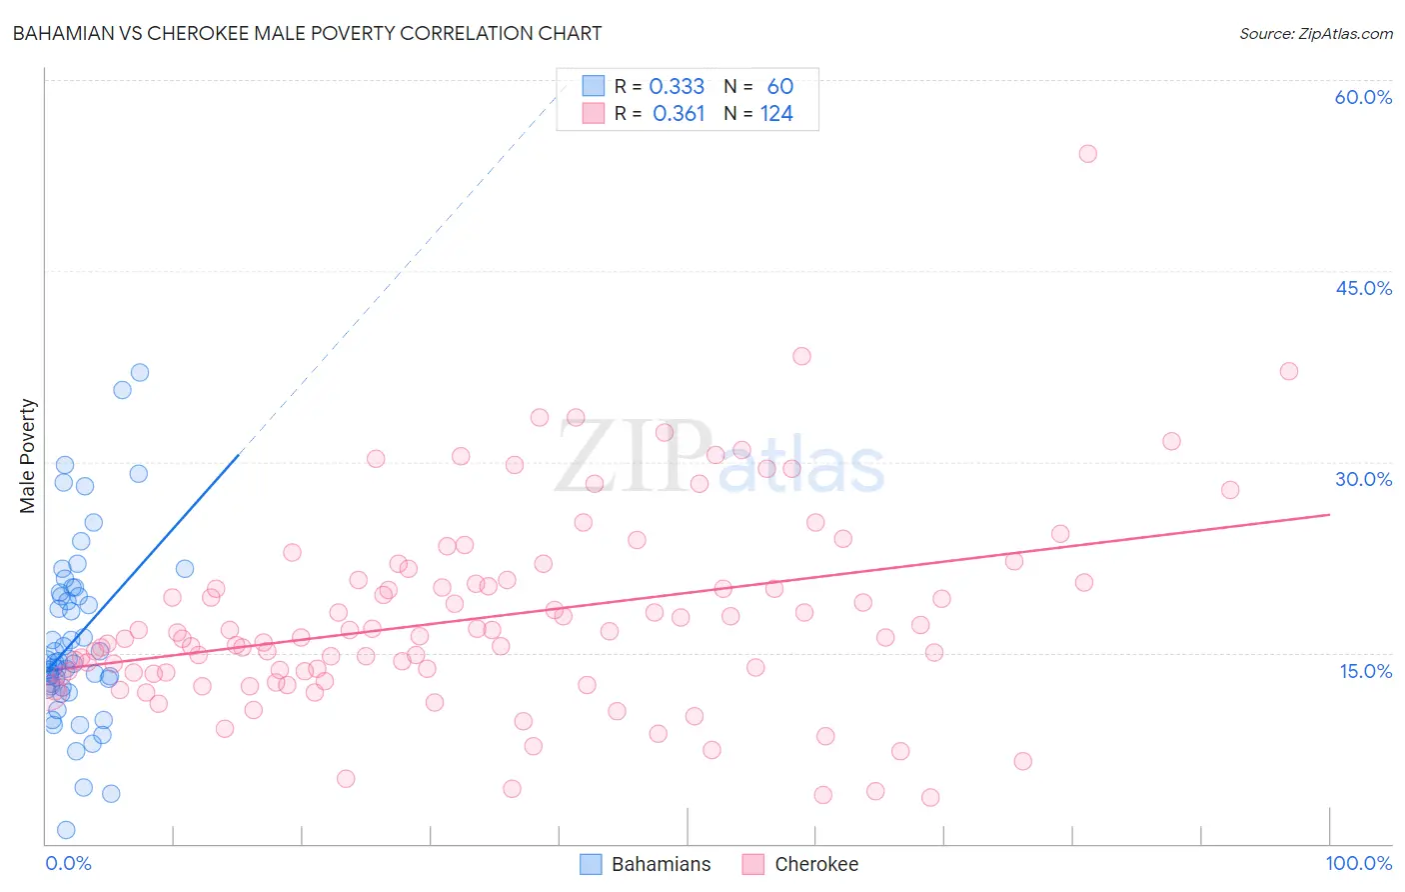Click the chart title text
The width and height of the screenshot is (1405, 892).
coord(307,33)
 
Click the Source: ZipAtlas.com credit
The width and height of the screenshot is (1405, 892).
coord(1315,34)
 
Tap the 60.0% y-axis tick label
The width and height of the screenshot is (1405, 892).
coord(1363,97)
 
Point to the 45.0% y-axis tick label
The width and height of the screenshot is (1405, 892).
coord(1363,288)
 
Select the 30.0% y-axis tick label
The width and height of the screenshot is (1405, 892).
coord(1363,479)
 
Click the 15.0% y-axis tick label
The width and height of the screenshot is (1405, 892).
coord(1365,670)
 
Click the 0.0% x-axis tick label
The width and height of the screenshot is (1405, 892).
coord(68,863)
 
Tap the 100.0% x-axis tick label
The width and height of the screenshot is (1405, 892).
coord(1358,863)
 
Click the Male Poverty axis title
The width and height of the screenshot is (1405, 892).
coord(28,456)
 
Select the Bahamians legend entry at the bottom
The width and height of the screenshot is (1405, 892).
coord(646,864)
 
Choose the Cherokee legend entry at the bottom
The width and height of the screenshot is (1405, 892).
coord(800,864)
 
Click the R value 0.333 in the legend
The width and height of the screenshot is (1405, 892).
coord(677,87)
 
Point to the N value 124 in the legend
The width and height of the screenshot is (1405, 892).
coord(776,114)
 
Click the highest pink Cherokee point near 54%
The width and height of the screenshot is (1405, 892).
coord(1087,154)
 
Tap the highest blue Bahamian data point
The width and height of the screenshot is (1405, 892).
coord(140,372)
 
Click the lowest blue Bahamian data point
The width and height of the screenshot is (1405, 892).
coord(66,830)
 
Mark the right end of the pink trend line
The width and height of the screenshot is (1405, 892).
coord(1329,514)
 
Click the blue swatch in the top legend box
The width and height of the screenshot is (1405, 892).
coord(593,87)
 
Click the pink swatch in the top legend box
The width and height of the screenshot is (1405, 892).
coord(593,114)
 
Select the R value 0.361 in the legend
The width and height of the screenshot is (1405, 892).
coord(679,114)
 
